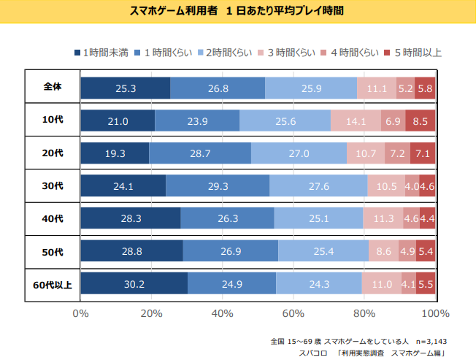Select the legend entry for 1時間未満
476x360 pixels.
(x=101, y=53)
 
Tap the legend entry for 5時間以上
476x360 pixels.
(x=412, y=53)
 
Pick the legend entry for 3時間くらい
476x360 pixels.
(x=286, y=53)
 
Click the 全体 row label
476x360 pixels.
(x=53, y=86)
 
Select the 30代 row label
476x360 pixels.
(x=53, y=185)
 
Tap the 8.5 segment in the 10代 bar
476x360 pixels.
(x=420, y=121)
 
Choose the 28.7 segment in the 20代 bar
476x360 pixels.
(x=200, y=154)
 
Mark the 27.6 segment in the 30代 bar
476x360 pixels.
(x=318, y=186)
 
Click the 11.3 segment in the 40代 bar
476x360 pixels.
(x=383, y=218)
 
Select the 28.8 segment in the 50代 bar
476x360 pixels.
(x=131, y=251)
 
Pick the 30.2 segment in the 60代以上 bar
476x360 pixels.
(x=134, y=283)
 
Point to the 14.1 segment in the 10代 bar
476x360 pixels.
(x=356, y=121)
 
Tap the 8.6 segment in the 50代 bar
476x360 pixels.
(x=384, y=251)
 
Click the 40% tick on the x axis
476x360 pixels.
(x=222, y=313)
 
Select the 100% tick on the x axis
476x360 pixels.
(x=435, y=313)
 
